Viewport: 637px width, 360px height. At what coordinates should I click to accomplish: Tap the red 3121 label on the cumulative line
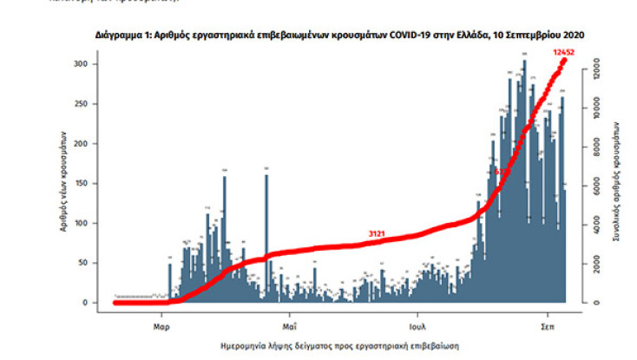[x=377, y=234]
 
